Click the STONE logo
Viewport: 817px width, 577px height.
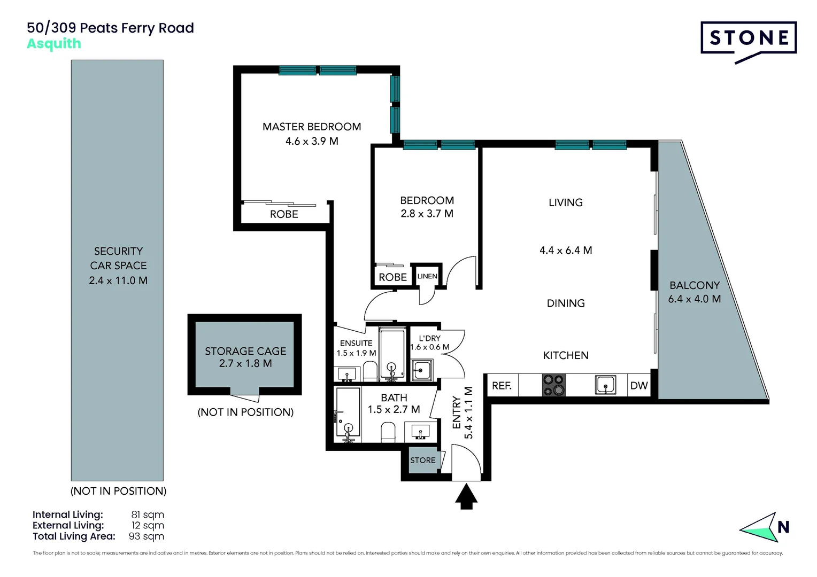(x=749, y=38)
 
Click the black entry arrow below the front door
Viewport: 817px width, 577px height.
(x=466, y=496)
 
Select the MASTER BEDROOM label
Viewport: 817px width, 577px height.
(x=312, y=127)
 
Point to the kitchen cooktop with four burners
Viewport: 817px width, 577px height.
(x=554, y=385)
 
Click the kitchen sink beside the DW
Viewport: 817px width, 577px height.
(x=605, y=385)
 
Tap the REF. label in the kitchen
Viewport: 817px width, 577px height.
(x=502, y=386)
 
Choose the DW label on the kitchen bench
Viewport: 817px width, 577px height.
(x=639, y=386)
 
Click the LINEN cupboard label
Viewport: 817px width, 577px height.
(x=427, y=276)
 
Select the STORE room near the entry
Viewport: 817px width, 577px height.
(x=422, y=461)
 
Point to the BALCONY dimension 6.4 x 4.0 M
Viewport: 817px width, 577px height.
(x=694, y=299)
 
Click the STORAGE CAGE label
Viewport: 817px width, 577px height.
(x=245, y=351)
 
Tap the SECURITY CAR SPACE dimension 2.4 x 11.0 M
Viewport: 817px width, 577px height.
(x=118, y=280)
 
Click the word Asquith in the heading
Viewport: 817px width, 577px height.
(x=54, y=44)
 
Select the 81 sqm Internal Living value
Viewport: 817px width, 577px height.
(x=148, y=515)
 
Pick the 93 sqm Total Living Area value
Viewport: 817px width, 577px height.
(x=147, y=536)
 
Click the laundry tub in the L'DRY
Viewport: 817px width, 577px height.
(x=422, y=370)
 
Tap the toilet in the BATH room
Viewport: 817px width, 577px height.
(x=388, y=432)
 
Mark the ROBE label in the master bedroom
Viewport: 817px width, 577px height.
(x=284, y=214)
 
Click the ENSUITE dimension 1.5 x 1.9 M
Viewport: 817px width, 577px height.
(x=356, y=353)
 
